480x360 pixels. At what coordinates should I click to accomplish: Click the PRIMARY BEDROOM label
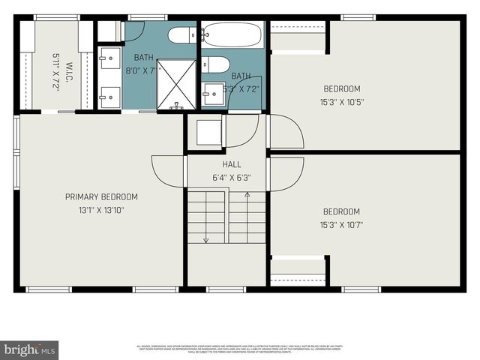[101, 197]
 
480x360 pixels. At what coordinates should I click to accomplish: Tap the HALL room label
[231, 164]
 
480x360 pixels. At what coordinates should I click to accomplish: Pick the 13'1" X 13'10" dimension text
[101, 211]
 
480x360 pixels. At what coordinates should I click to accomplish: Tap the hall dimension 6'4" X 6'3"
[231, 178]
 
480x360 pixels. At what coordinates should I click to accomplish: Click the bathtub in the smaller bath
[232, 34]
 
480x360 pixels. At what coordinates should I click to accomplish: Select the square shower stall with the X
[175, 84]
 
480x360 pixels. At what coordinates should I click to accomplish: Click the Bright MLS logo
[30, 349]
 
